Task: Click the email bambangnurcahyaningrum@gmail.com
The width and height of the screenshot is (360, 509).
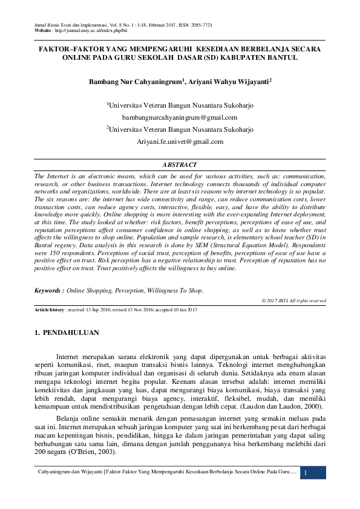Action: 180,117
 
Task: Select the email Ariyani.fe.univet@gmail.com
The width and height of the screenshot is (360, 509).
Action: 180,141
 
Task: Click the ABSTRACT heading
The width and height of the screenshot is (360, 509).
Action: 180,164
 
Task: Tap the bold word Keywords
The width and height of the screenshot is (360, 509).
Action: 50,291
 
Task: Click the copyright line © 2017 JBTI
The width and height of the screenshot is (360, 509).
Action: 293,300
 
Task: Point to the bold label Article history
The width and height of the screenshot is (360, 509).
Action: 49,310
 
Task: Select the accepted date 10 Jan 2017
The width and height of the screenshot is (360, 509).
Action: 184,310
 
